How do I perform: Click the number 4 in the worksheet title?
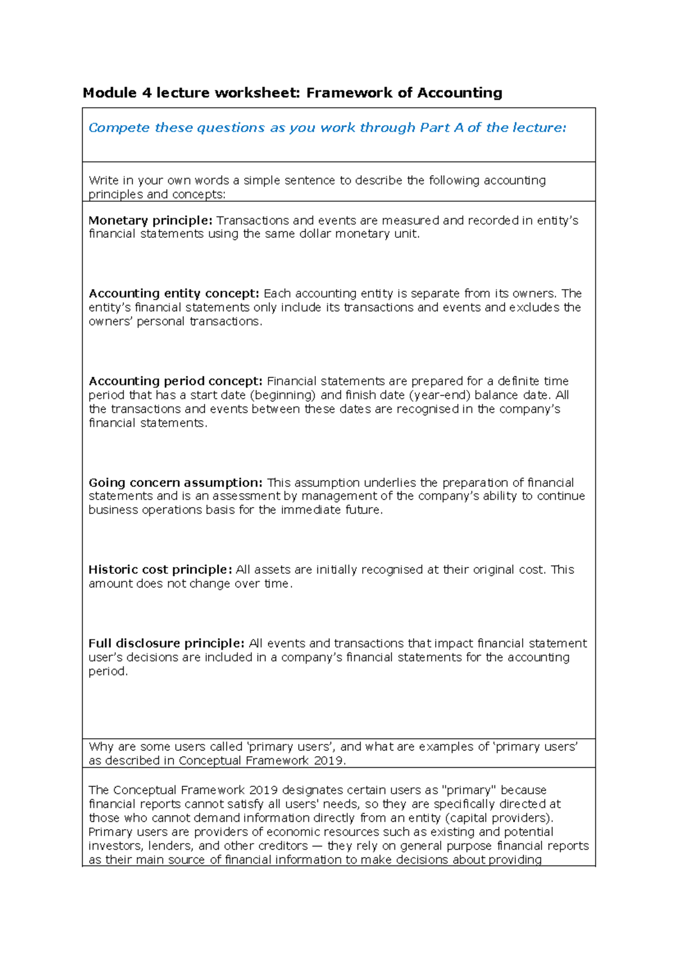pos(146,93)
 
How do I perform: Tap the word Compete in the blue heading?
pos(119,128)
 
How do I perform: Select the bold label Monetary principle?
pos(150,221)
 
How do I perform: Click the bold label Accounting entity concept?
pos(174,294)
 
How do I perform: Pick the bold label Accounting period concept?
pos(176,381)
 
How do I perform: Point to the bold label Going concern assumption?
pos(176,483)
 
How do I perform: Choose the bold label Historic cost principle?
pos(160,570)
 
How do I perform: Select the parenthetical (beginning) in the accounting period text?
pos(283,395)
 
